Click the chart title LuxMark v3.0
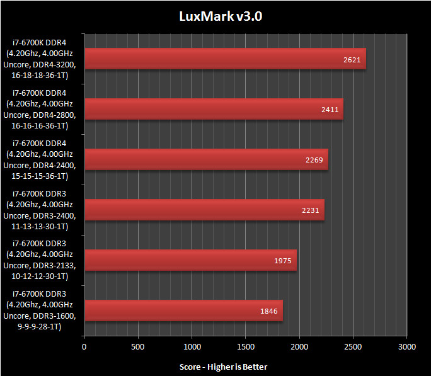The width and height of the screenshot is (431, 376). pyautogui.click(x=215, y=16)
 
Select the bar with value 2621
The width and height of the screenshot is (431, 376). pyautogui.click(x=225, y=59)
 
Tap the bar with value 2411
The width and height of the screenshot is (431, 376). pyautogui.click(x=214, y=109)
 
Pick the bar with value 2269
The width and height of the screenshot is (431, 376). pyautogui.click(x=206, y=159)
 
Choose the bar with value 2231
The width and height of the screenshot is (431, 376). pyautogui.click(x=204, y=210)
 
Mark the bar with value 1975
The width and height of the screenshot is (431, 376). pyautogui.click(x=190, y=260)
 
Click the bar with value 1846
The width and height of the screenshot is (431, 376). pyautogui.click(x=183, y=310)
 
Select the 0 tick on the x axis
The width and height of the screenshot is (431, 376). pyautogui.click(x=84, y=346)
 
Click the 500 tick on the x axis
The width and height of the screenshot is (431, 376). pyautogui.click(x=138, y=346)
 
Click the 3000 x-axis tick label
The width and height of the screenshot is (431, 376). pyautogui.click(x=407, y=346)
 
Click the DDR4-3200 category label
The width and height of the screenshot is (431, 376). pyautogui.click(x=43, y=59)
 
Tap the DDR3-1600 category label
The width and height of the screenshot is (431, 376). pyautogui.click(x=43, y=310)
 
